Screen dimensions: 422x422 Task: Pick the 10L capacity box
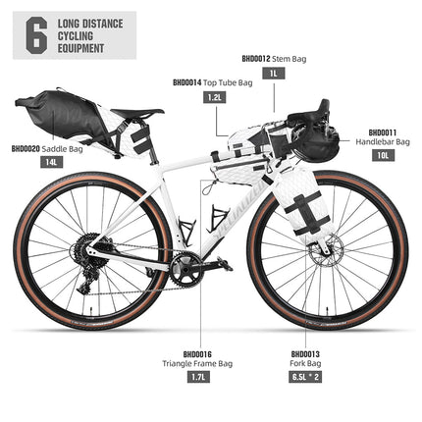tap(384, 155)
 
